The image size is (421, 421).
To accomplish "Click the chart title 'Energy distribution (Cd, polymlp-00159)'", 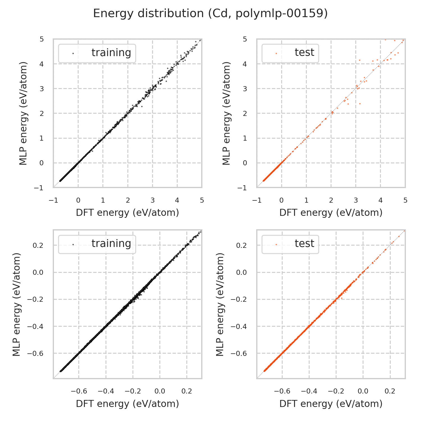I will [x=210, y=13].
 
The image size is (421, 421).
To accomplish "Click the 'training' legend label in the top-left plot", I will [x=111, y=53].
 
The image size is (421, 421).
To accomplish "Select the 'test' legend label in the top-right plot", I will [x=304, y=52].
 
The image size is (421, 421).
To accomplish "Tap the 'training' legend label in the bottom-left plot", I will [x=111, y=244].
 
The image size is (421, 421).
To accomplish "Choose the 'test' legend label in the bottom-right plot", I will [x=304, y=244].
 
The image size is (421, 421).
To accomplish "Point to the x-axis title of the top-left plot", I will [x=127, y=213].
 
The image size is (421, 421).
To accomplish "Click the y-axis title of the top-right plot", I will [x=226, y=113].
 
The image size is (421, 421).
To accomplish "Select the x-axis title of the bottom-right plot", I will [x=331, y=404].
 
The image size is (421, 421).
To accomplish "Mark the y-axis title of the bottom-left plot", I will [x=17, y=304].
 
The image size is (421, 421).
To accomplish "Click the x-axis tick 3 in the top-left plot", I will [x=152, y=200].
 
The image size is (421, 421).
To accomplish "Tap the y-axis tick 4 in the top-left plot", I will [x=42, y=64].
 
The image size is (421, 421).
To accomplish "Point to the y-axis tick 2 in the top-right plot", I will [x=245, y=113].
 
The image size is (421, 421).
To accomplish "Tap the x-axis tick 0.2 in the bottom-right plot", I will [x=390, y=391].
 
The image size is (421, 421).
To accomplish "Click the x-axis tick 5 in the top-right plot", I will [x=405, y=200].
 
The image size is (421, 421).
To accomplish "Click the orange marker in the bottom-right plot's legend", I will [x=276, y=244].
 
